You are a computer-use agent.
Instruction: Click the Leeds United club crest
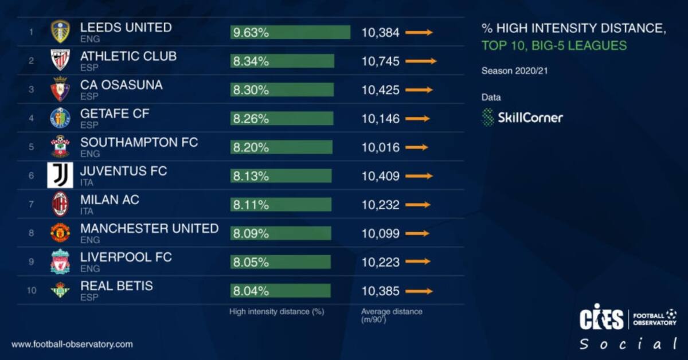(x=60, y=32)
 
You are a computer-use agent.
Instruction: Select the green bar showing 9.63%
(x=290, y=33)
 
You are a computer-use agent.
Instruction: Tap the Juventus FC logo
(x=60, y=175)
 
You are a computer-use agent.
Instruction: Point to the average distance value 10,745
(x=380, y=61)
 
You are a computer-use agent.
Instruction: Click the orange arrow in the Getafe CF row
(x=417, y=119)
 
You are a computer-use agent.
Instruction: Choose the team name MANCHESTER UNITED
(x=149, y=228)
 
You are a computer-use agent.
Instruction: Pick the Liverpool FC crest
(x=60, y=262)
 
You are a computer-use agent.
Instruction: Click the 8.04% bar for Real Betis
(x=280, y=291)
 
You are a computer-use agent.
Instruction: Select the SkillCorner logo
(x=522, y=118)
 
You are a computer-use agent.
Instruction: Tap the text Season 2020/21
(x=512, y=72)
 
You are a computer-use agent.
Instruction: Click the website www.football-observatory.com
(x=72, y=344)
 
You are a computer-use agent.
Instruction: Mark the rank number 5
(x=32, y=147)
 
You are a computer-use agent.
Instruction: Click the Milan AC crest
(x=60, y=204)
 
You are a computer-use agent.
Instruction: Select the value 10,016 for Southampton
(x=380, y=147)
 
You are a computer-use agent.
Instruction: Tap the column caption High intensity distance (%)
(x=277, y=312)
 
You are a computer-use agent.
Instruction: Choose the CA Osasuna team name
(x=121, y=85)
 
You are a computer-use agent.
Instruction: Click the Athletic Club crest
(x=60, y=60)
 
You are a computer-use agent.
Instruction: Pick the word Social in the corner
(x=627, y=345)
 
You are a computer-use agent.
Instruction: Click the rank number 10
(x=32, y=291)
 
